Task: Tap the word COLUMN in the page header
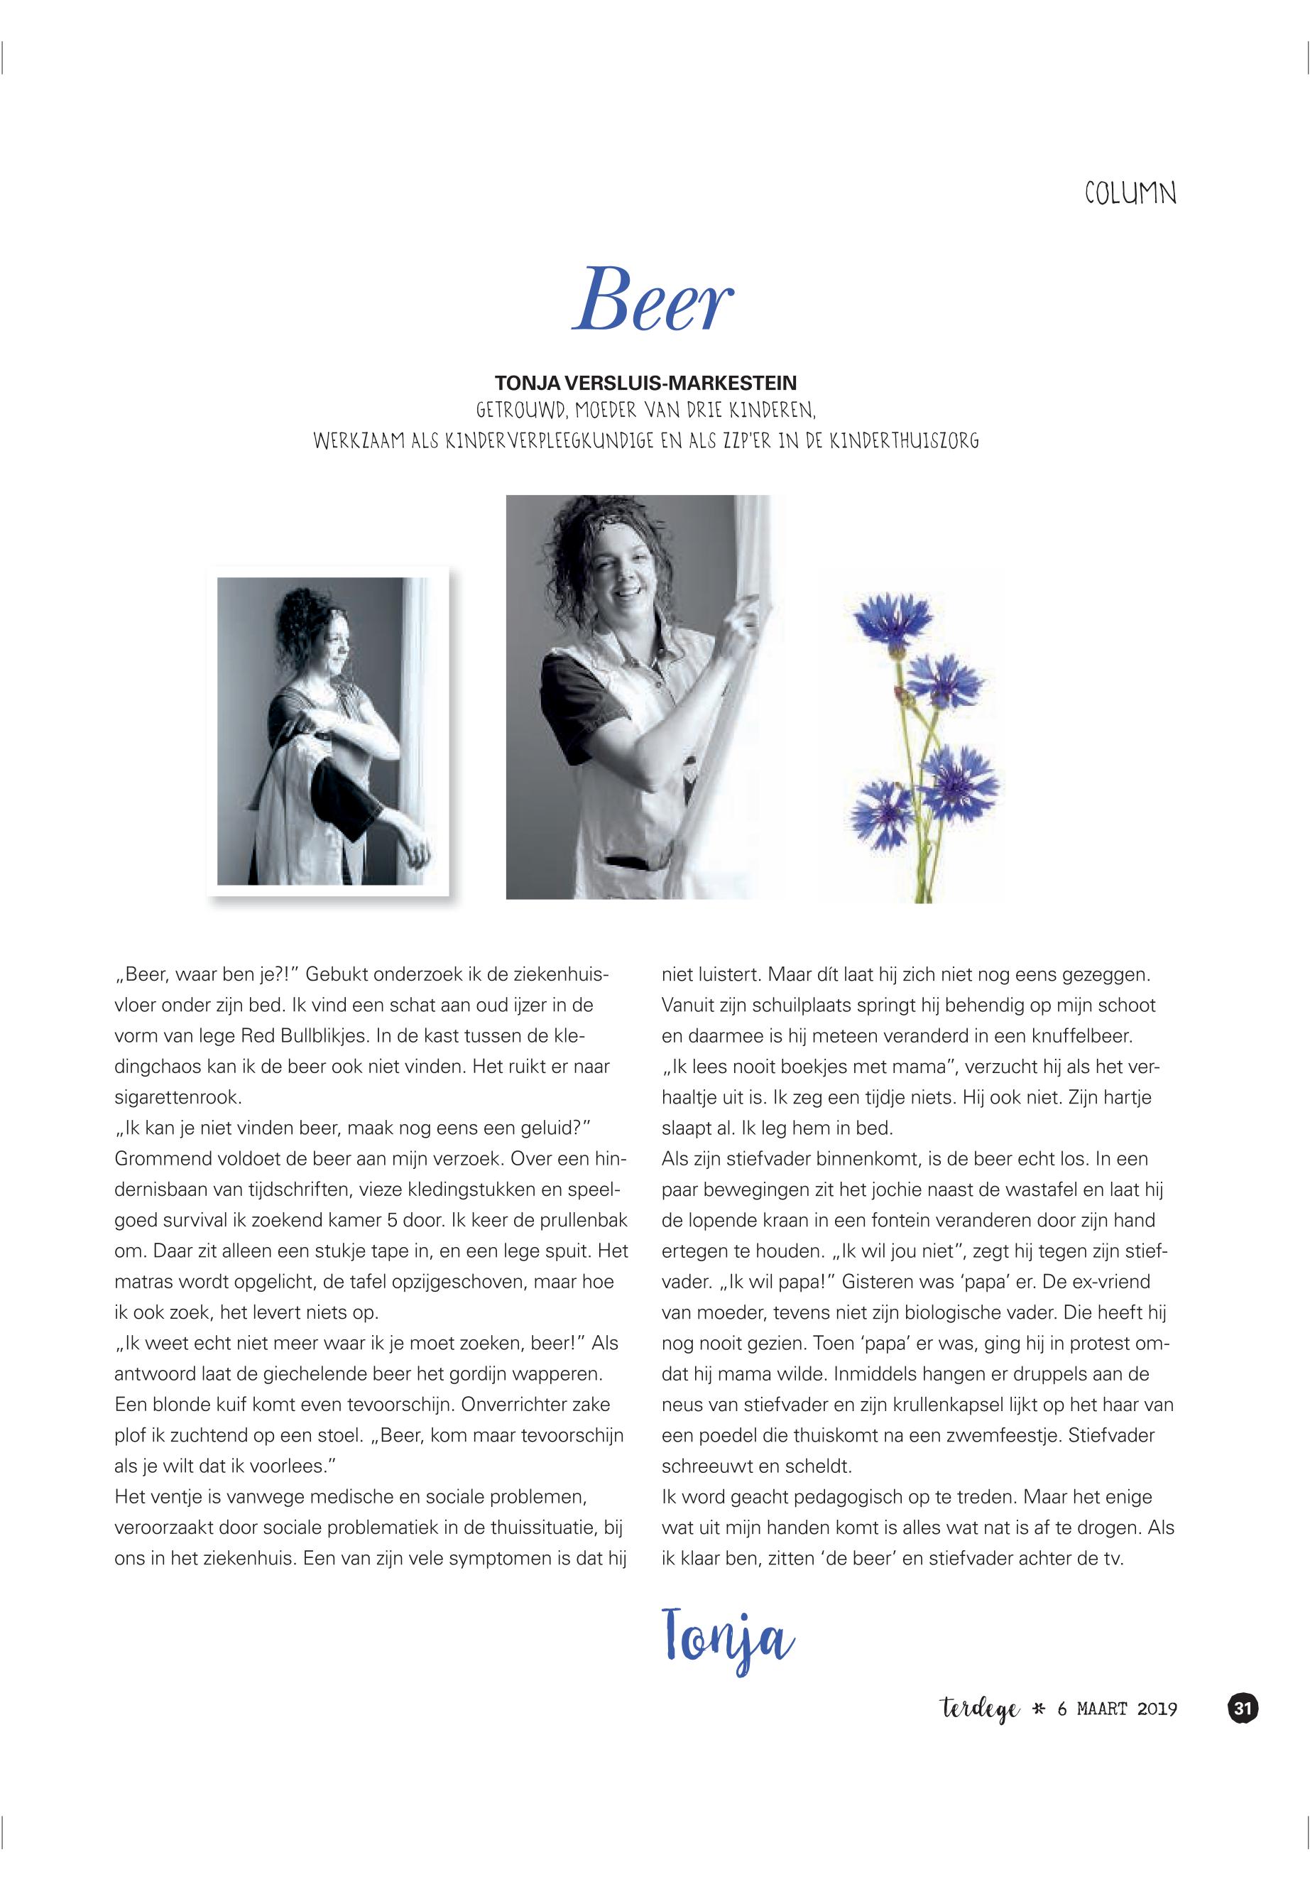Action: (1130, 194)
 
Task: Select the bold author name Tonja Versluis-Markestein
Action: (646, 383)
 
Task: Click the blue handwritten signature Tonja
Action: (727, 1635)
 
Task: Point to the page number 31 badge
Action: (1242, 1709)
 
